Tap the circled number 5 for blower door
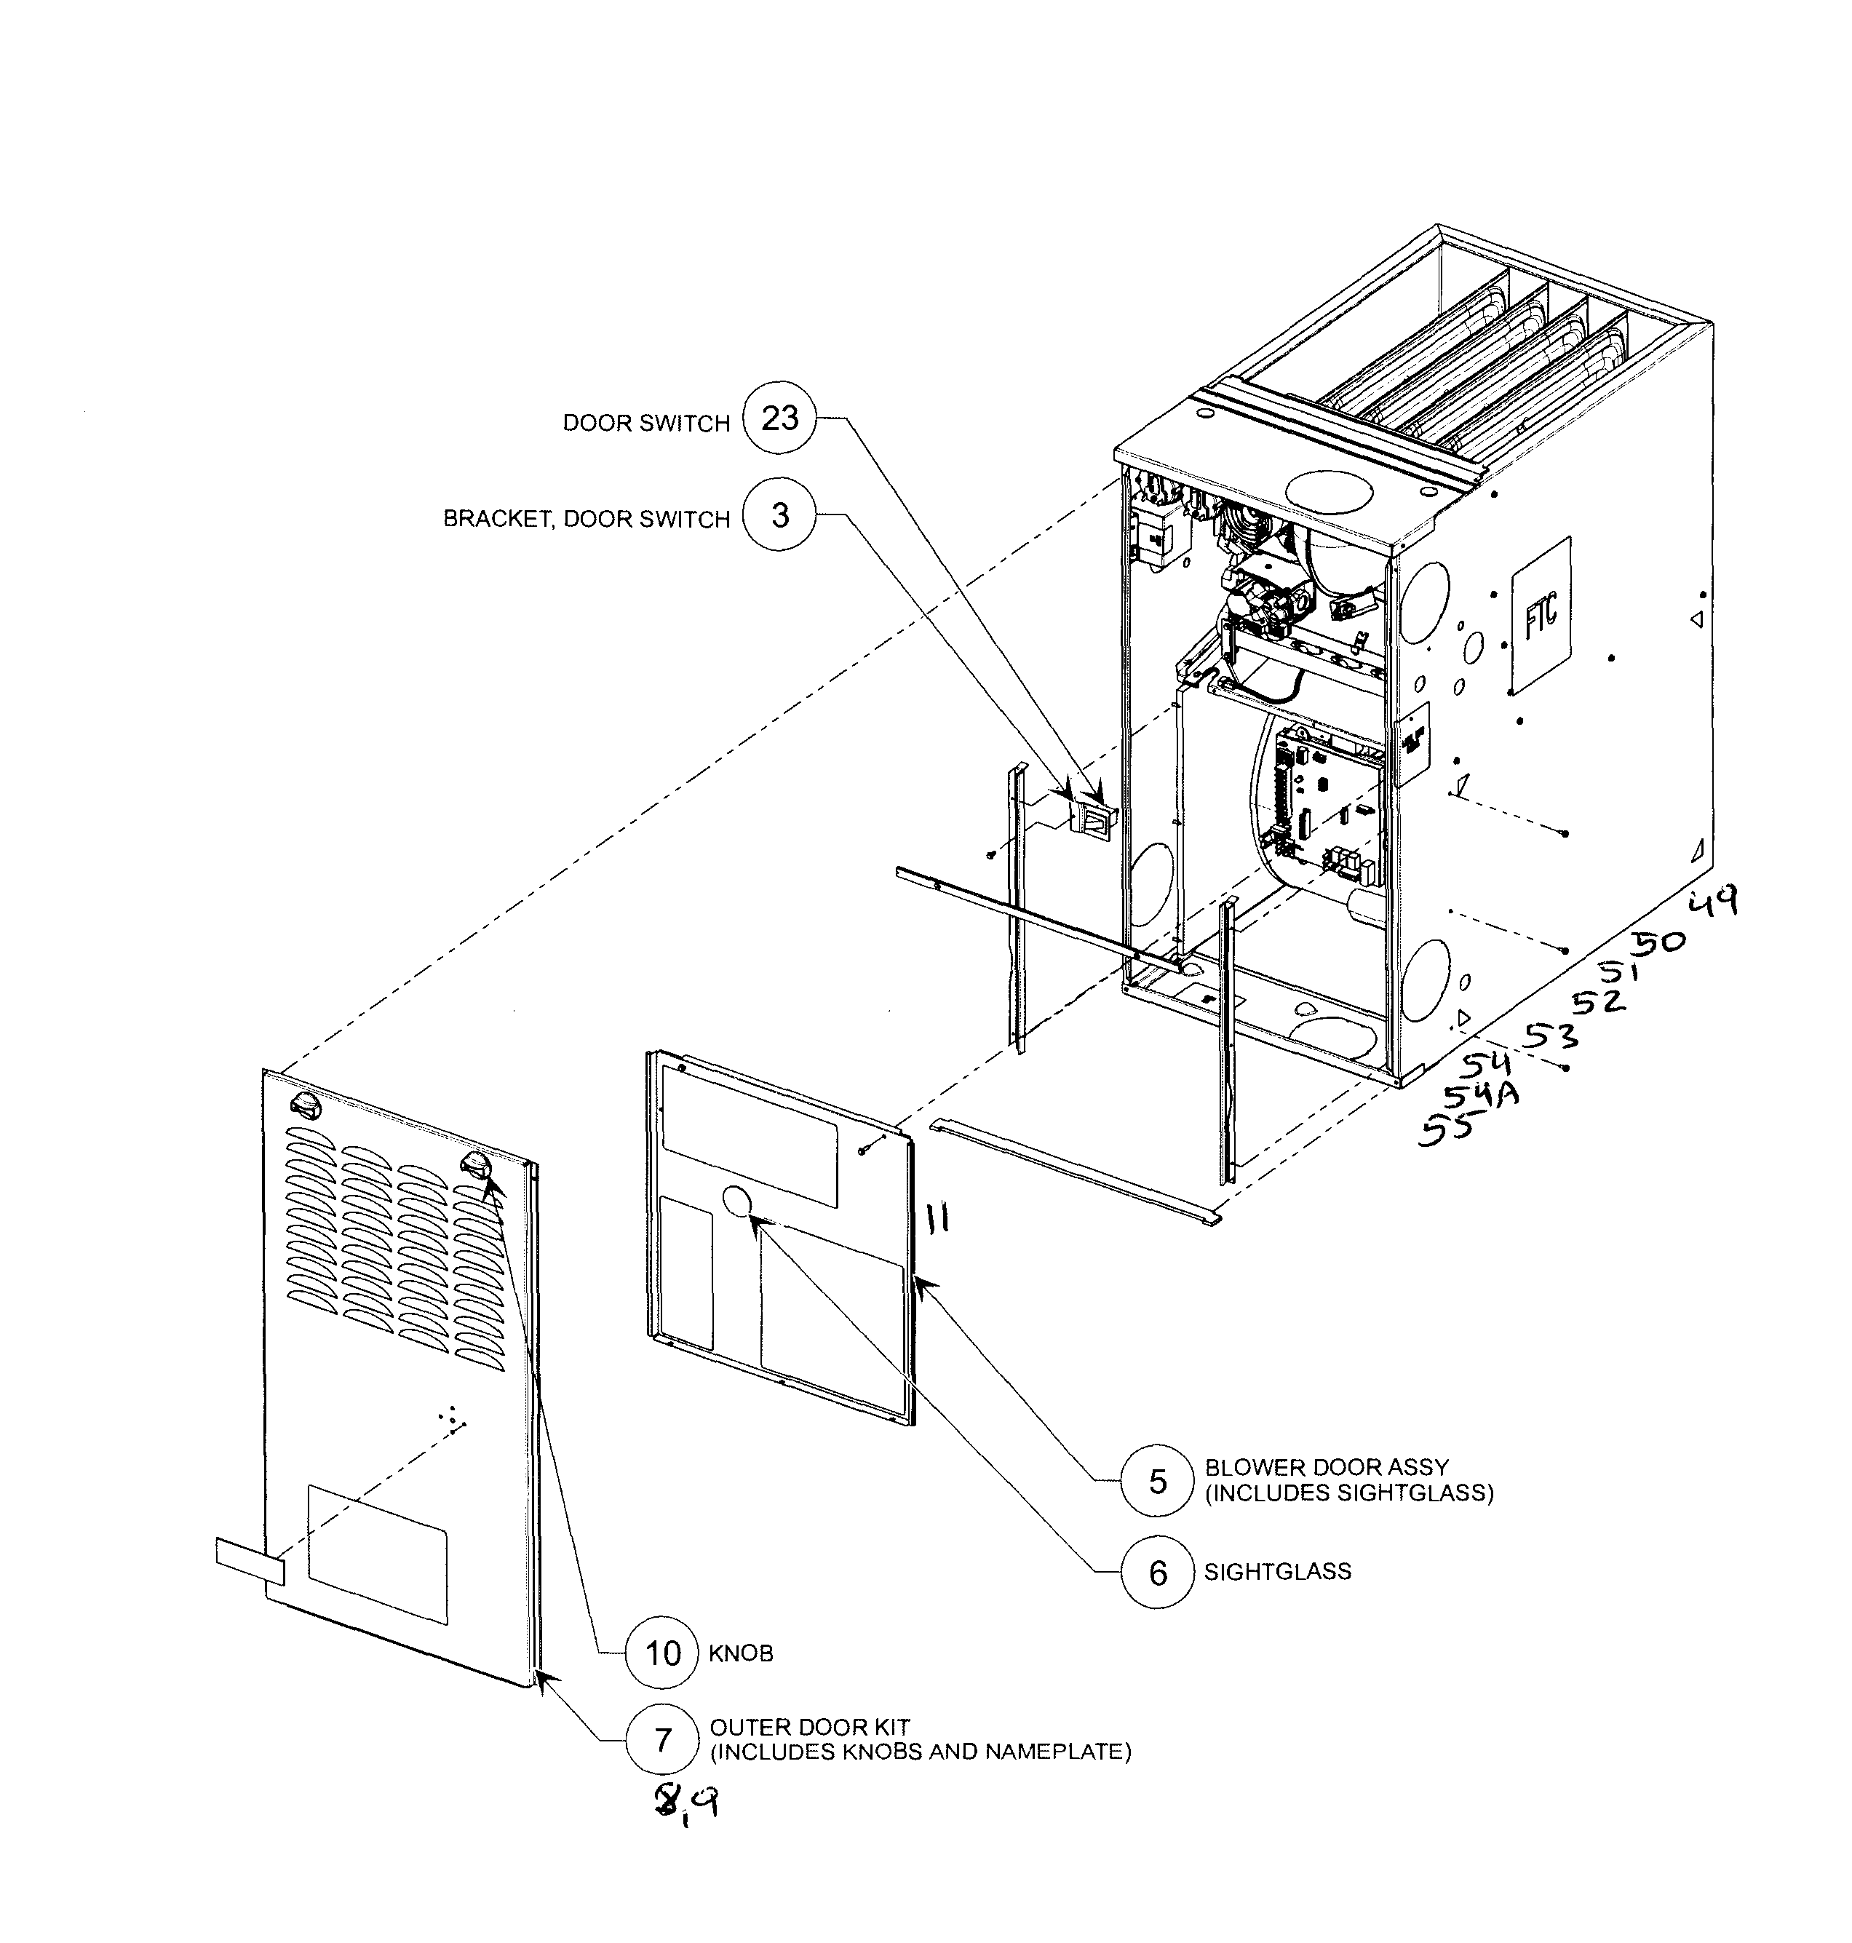(1158, 1481)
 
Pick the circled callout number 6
(1158, 1573)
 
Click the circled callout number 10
(662, 1653)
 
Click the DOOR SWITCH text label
(645, 423)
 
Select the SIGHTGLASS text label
(1276, 1572)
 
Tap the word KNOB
(740, 1653)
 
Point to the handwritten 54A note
(1481, 1095)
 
